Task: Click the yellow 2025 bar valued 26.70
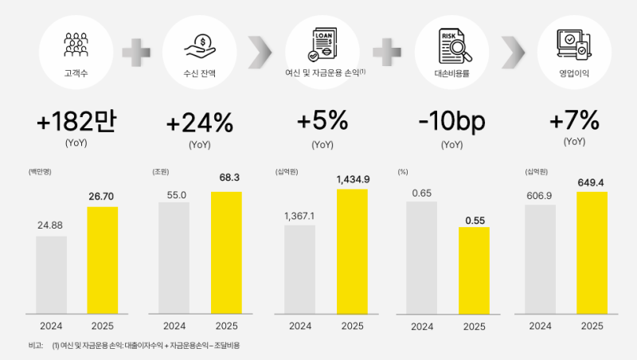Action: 102,260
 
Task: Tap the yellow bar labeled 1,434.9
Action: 353,251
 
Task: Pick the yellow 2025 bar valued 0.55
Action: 474,270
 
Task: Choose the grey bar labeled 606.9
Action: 540,259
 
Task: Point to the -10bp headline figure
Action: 451,123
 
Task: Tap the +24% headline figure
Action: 200,123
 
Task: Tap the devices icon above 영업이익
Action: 574,44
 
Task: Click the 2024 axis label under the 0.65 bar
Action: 424,326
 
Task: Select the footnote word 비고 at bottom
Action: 35,346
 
